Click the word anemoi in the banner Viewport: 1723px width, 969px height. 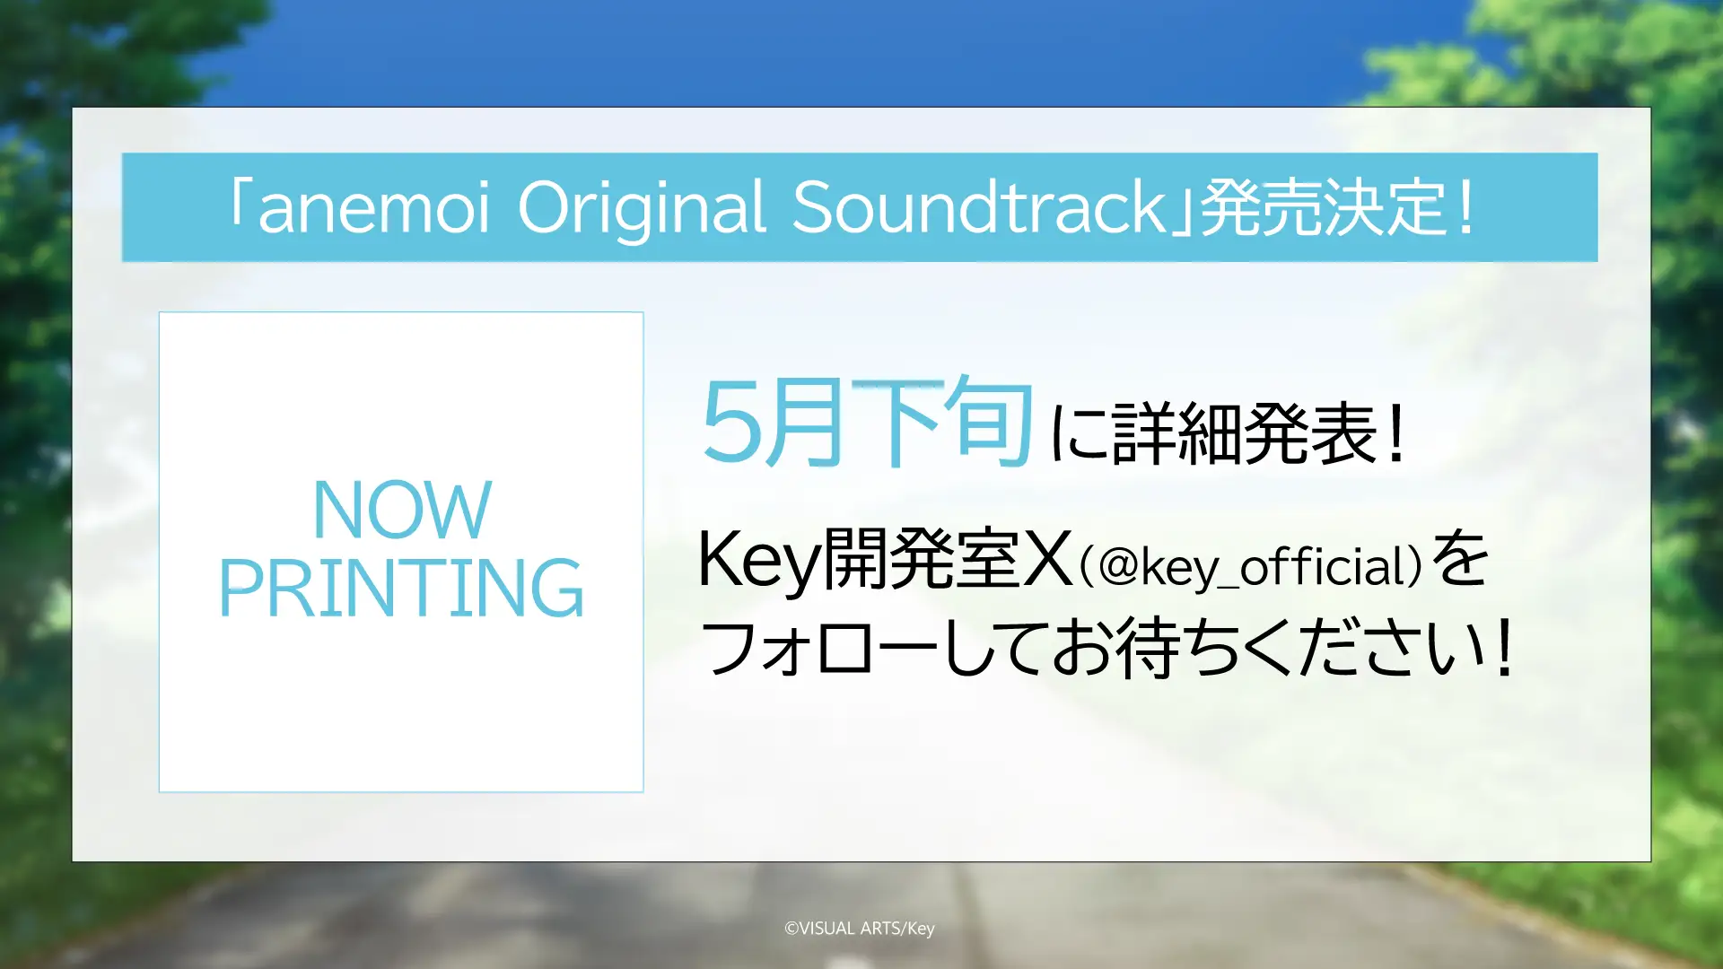click(373, 208)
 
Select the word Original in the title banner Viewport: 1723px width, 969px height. click(642, 208)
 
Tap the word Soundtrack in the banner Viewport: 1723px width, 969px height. click(979, 208)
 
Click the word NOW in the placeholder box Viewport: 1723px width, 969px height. click(402, 510)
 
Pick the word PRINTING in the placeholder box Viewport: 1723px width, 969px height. click(401, 589)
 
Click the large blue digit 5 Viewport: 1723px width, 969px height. click(730, 422)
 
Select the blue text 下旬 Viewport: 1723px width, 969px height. click(942, 422)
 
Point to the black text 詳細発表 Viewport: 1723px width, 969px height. click(1245, 434)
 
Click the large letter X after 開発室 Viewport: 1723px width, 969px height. click(1047, 560)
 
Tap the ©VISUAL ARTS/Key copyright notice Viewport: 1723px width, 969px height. click(860, 929)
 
